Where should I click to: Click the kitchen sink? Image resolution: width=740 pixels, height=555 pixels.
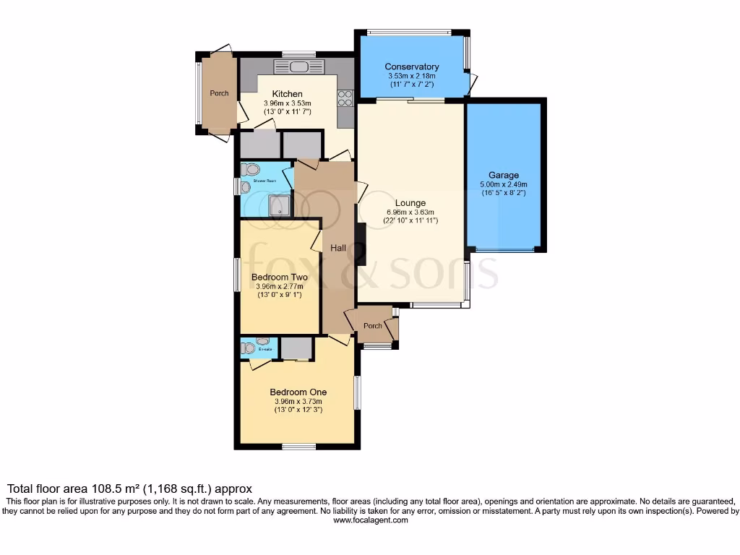tap(298, 67)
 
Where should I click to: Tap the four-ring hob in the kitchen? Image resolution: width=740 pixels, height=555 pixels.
tap(345, 98)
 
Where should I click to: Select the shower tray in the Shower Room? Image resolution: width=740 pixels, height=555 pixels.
tap(278, 206)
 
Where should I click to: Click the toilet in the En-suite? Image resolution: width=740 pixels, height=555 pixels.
tap(249, 348)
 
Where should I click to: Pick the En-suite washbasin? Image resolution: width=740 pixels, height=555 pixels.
tap(262, 341)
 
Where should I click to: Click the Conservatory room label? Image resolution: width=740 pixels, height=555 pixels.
tap(411, 67)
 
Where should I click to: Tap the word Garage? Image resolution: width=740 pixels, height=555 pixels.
tap(503, 175)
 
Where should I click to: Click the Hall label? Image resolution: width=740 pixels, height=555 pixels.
tap(337, 248)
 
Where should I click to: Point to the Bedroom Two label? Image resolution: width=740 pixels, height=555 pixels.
tap(279, 277)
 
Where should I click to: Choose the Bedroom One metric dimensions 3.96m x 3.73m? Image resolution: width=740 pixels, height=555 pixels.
tap(298, 402)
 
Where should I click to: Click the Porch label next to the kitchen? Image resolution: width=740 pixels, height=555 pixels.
tap(219, 93)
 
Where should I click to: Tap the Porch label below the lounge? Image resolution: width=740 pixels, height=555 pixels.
tap(372, 326)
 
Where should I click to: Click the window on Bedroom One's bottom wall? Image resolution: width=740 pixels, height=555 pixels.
tap(298, 446)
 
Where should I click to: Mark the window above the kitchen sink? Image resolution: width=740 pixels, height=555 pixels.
tap(298, 53)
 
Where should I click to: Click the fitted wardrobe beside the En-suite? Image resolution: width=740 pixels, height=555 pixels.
tap(296, 348)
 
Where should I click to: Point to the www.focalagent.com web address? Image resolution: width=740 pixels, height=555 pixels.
tap(369, 520)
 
